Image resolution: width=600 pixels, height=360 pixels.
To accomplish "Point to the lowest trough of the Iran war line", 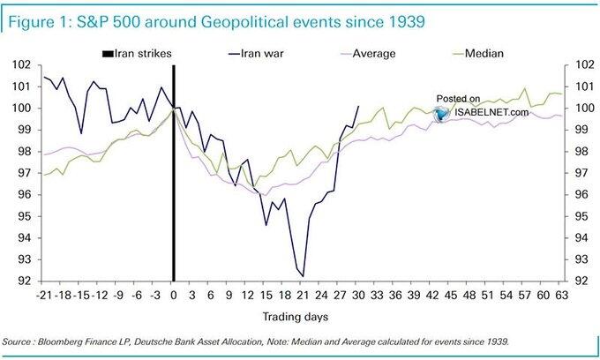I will (x=303, y=276).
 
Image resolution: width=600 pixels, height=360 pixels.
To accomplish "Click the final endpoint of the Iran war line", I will (x=358, y=106).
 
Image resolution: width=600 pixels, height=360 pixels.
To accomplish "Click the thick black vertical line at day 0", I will (x=173, y=176).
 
